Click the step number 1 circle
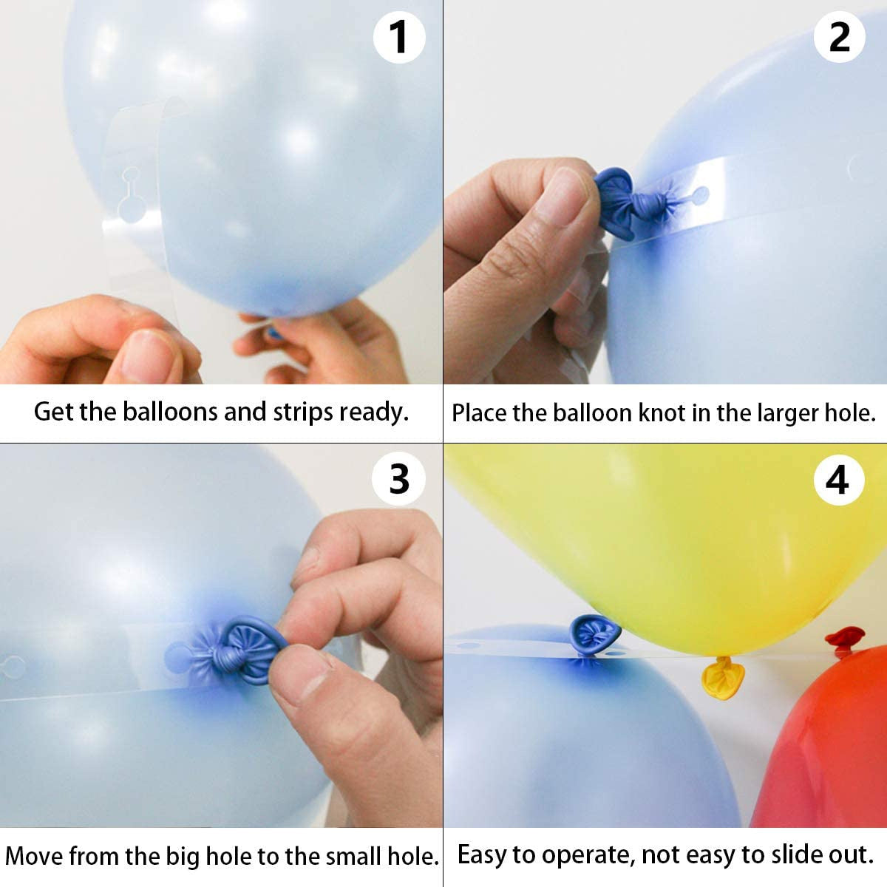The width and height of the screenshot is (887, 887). [399, 37]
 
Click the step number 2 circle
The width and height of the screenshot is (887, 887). [839, 37]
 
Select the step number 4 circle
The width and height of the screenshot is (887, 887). [837, 480]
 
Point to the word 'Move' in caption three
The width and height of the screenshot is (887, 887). [35, 856]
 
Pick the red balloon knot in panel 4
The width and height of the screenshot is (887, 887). [844, 638]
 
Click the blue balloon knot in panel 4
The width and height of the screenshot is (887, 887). [593, 633]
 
